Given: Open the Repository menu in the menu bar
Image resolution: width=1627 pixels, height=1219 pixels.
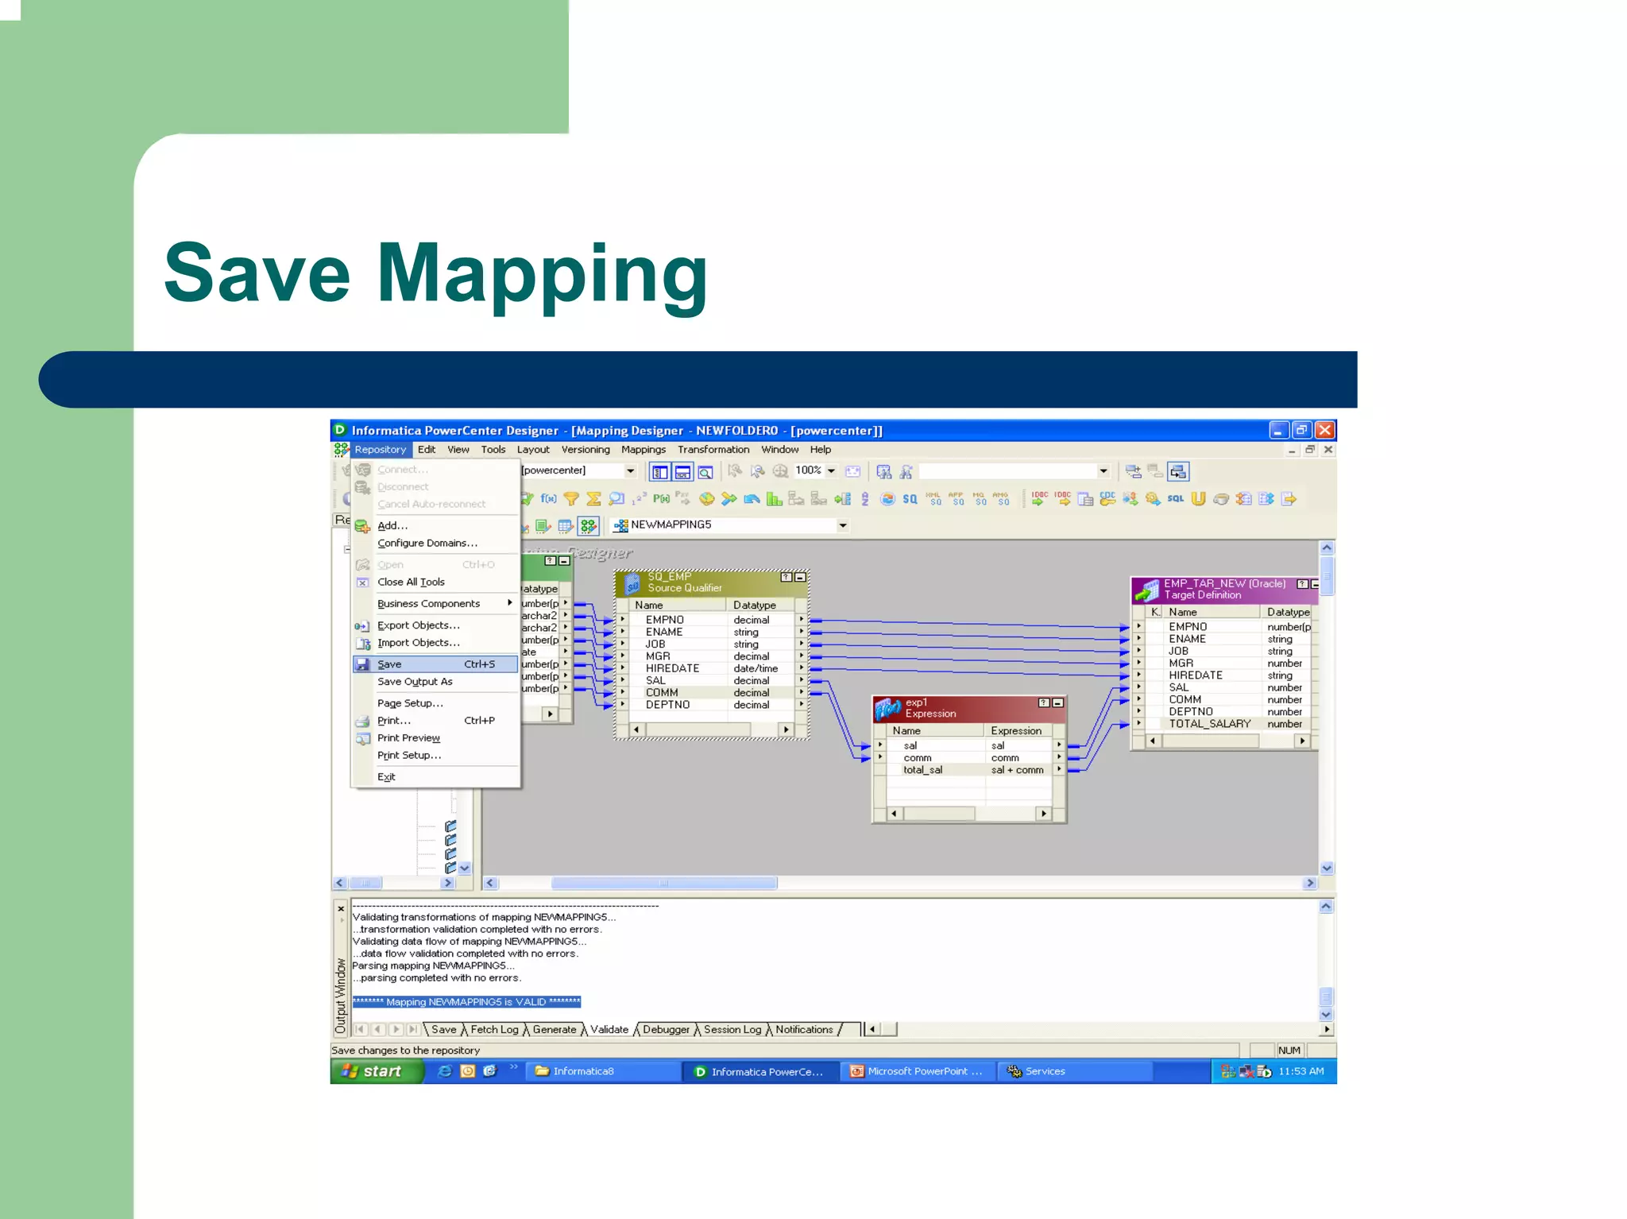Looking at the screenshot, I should coord(380,450).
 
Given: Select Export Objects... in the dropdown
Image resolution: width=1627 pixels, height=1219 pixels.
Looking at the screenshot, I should coord(418,625).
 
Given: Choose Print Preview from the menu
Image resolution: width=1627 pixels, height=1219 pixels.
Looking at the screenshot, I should coord(408,738).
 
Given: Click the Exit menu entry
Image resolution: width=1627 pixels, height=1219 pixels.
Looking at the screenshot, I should coord(386,777).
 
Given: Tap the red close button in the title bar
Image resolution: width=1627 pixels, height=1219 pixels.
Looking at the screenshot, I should coord(1324,431).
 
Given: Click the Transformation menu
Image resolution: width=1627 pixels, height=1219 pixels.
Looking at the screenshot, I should coord(713,450).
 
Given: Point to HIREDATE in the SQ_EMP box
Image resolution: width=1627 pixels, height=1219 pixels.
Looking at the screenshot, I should coord(672,668).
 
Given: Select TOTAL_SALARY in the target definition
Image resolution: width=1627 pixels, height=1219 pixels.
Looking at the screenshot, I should coord(1209,724).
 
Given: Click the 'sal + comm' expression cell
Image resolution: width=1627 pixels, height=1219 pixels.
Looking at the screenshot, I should coord(1017,770).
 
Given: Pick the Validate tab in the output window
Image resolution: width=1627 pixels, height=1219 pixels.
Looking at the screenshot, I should coord(609,1030).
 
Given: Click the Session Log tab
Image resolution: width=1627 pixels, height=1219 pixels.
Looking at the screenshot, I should coord(732,1030).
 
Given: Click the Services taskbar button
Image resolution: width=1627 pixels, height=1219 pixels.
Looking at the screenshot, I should coord(1044,1071).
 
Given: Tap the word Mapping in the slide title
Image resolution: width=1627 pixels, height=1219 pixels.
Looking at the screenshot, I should coord(542,274).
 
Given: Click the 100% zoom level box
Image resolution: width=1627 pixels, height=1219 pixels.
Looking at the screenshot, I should coord(809,470).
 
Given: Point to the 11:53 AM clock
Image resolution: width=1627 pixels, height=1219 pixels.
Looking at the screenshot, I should coord(1300,1071).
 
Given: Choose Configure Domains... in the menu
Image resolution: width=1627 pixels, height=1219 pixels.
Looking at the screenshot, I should coord(427,544).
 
